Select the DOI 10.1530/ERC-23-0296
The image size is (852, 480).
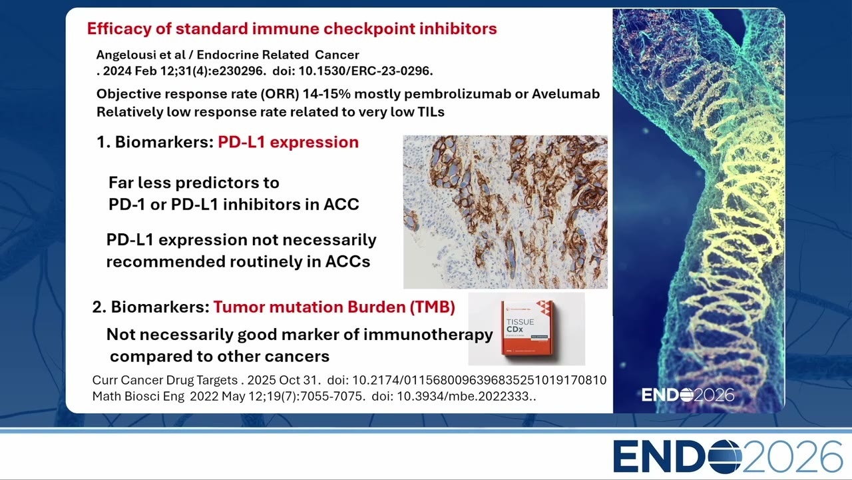pos(365,71)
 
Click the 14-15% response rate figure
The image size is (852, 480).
pos(326,94)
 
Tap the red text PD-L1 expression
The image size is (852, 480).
pos(288,143)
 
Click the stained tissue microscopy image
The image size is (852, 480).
pos(505,212)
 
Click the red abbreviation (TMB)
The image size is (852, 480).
pos(432,307)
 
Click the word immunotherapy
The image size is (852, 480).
pos(428,335)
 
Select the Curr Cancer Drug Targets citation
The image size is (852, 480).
pos(349,380)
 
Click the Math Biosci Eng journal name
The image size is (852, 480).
pos(138,397)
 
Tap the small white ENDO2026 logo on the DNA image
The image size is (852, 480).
pos(688,395)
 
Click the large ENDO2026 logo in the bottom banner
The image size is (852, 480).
pos(728,457)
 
